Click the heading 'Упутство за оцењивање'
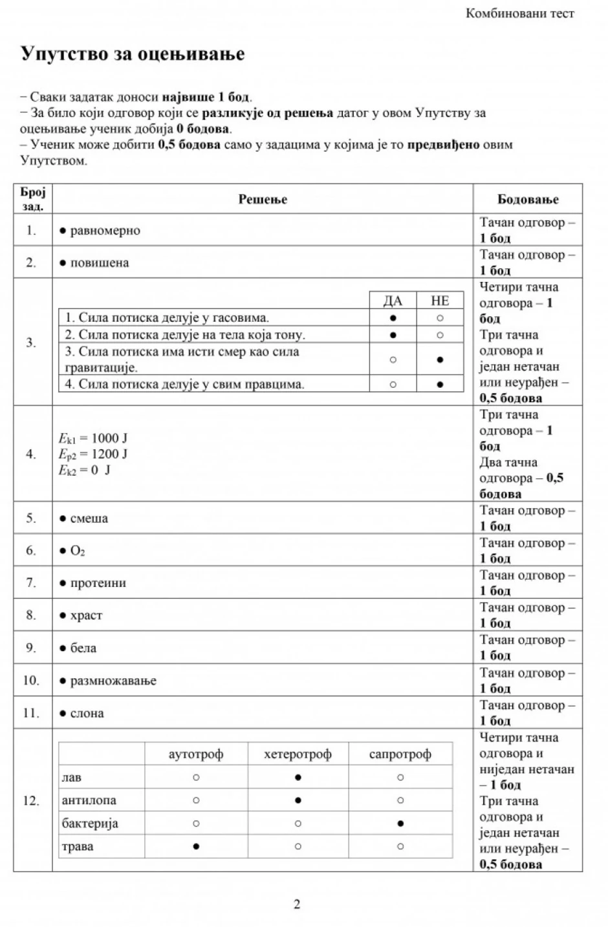(133, 54)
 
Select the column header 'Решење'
(263, 199)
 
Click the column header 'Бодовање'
(528, 199)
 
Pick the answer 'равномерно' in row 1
(105, 231)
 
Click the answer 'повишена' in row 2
(99, 263)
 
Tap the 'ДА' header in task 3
(393, 301)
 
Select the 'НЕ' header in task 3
(440, 301)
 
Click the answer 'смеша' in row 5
(89, 518)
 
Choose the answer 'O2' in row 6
(77, 551)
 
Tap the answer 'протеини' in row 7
(98, 583)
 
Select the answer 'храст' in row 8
(86, 615)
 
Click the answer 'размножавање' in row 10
(113, 681)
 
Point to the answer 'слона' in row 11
(87, 714)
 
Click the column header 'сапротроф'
(400, 754)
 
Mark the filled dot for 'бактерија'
(400, 824)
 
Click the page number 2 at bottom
(297, 904)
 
